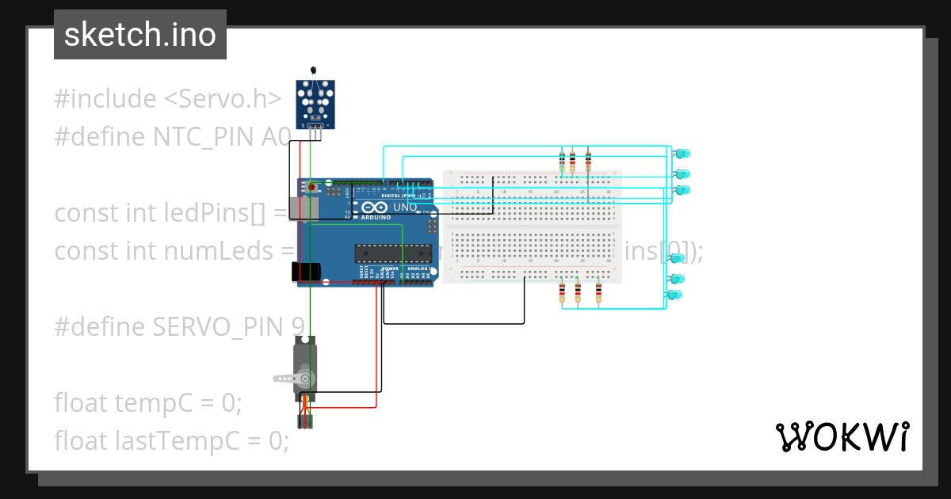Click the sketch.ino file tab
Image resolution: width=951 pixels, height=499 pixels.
(139, 35)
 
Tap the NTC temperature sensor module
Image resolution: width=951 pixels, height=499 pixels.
(315, 103)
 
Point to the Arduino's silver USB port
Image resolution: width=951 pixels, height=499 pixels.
(304, 208)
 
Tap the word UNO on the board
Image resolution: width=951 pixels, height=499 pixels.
(405, 207)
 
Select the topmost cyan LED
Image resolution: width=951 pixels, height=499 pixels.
(682, 153)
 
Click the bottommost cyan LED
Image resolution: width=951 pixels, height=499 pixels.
(675, 295)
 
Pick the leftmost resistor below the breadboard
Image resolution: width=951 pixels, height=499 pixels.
(562, 293)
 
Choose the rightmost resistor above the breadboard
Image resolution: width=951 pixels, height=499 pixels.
(588, 162)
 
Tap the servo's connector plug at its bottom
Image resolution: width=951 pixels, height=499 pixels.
(305, 421)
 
